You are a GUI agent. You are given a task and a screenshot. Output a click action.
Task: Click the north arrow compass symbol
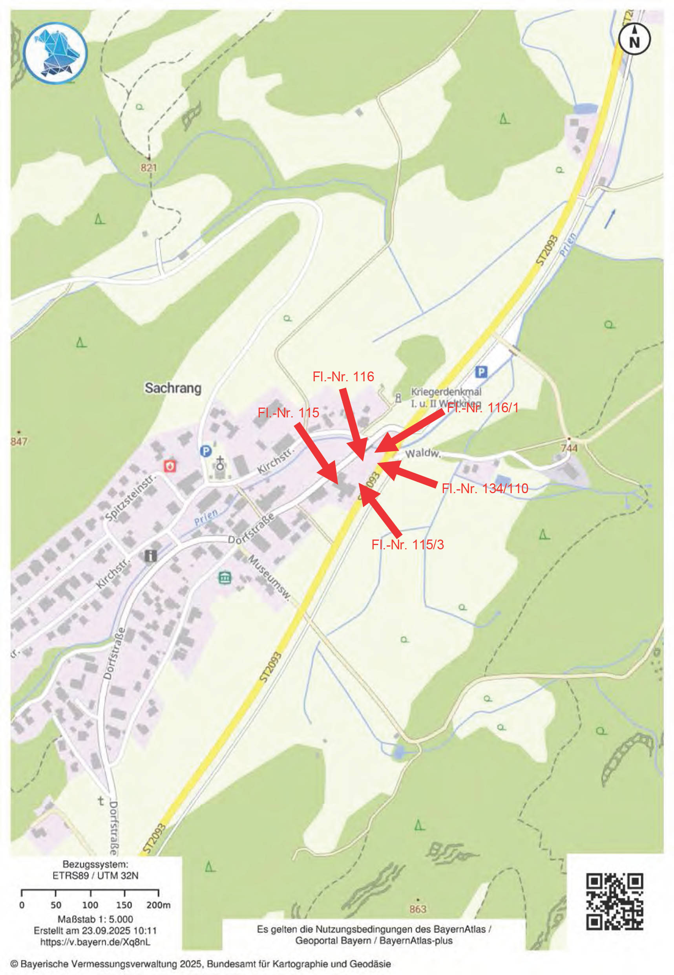[634, 39]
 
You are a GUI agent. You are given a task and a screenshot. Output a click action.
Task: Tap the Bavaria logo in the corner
[55, 54]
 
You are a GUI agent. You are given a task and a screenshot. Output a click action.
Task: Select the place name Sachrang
[173, 388]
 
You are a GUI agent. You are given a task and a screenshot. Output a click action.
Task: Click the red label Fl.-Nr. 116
[343, 377]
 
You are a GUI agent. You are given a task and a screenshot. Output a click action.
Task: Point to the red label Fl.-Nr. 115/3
[407, 545]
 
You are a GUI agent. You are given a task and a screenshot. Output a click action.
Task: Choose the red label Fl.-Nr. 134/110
[484, 488]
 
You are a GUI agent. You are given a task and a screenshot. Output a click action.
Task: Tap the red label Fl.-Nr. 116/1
[483, 408]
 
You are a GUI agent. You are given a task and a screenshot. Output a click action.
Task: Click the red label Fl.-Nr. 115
[289, 413]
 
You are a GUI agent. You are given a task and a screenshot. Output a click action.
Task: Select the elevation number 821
[149, 168]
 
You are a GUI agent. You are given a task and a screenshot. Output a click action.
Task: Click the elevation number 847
[18, 441]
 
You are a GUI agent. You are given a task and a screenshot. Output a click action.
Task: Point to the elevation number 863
[417, 909]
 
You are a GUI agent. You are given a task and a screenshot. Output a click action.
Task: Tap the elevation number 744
[568, 447]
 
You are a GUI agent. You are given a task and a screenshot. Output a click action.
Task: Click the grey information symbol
[151, 556]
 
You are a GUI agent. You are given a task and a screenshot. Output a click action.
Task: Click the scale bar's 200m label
[158, 905]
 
